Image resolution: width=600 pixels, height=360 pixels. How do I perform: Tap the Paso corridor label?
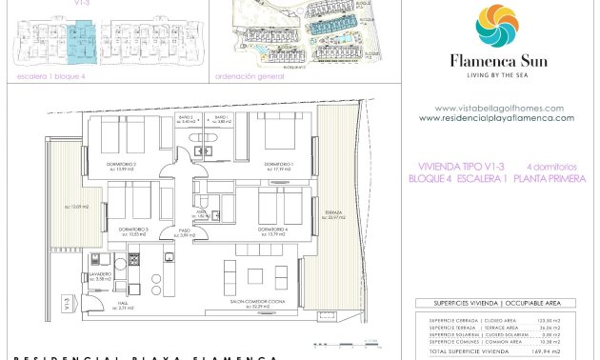coord(187,231)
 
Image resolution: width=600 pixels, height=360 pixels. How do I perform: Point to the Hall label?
coord(124,306)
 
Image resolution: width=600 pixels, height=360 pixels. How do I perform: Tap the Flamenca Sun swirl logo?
coord(495,27)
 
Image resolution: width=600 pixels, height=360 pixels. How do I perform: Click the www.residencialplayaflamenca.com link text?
coord(496,118)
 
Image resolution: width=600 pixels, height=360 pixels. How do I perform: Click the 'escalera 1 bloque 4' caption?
coord(45,77)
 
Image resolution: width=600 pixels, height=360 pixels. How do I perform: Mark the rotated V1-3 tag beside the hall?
coord(64,305)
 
